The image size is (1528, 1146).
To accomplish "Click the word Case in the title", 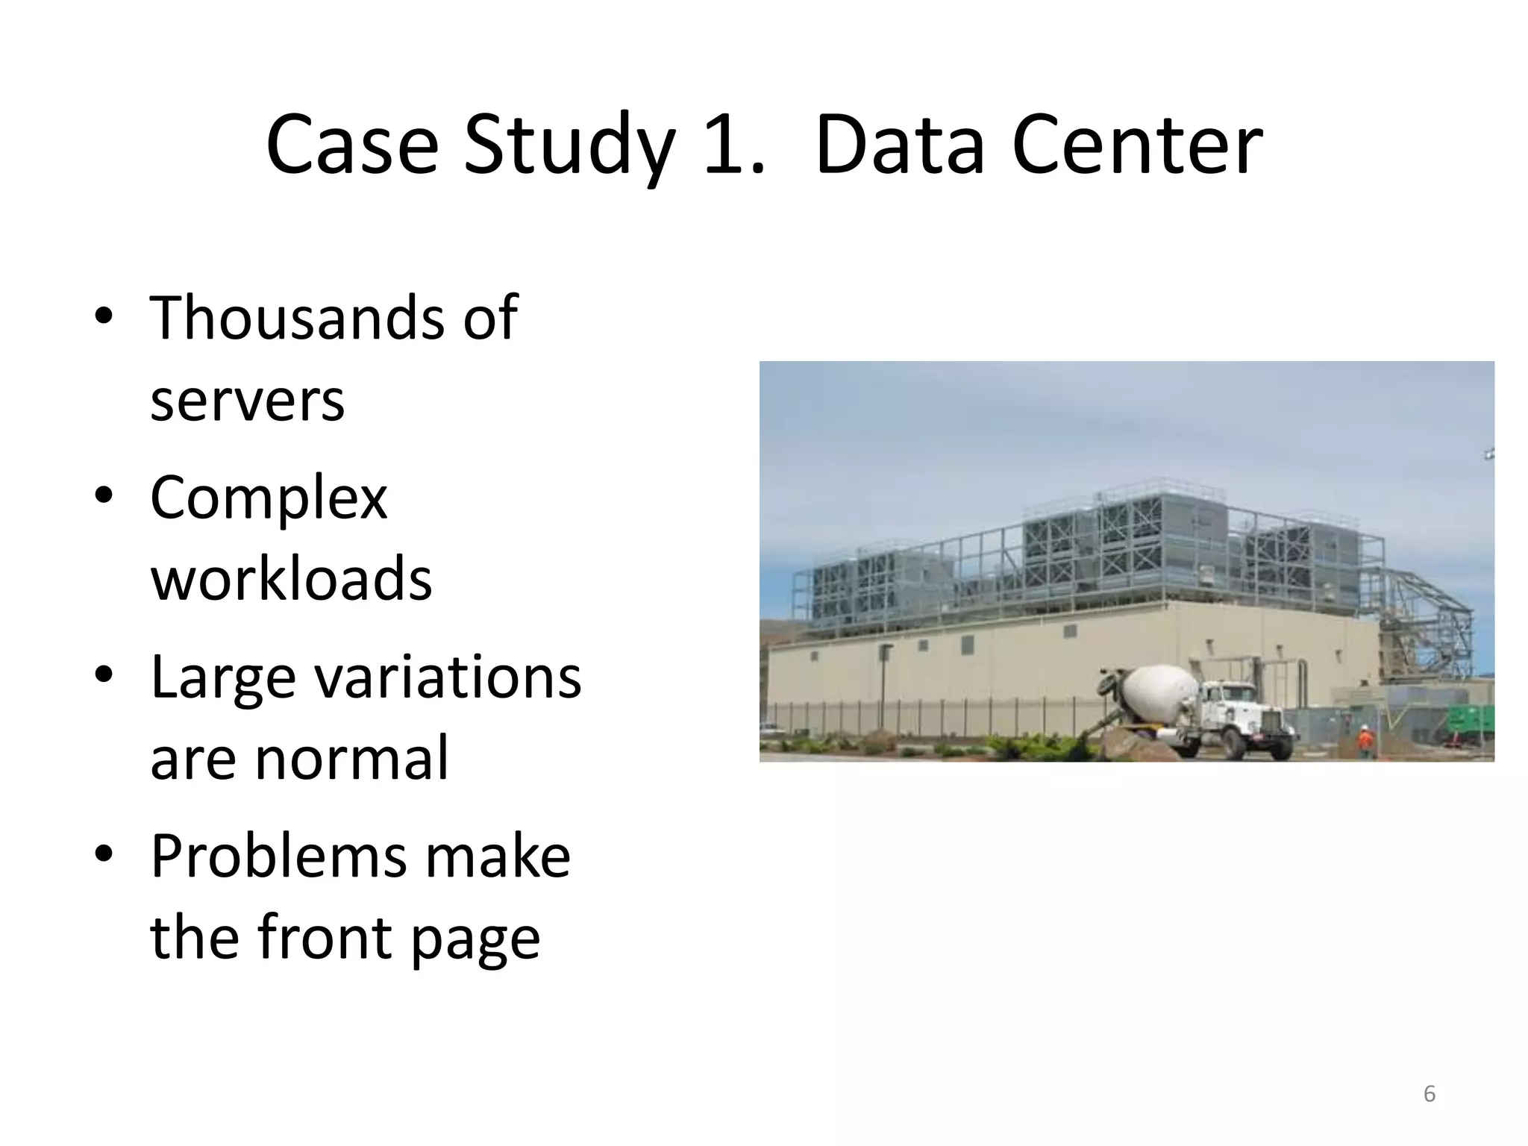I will [x=351, y=145].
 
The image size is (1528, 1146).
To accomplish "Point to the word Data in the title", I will [x=900, y=145].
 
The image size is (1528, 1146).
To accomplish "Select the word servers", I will [x=247, y=401].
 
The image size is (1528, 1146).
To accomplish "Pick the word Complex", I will [x=269, y=498].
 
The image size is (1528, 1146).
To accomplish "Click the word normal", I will [x=351, y=758].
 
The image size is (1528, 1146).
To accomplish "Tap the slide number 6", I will [x=1430, y=1094].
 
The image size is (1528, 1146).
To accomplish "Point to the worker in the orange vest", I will [x=1365, y=740].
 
